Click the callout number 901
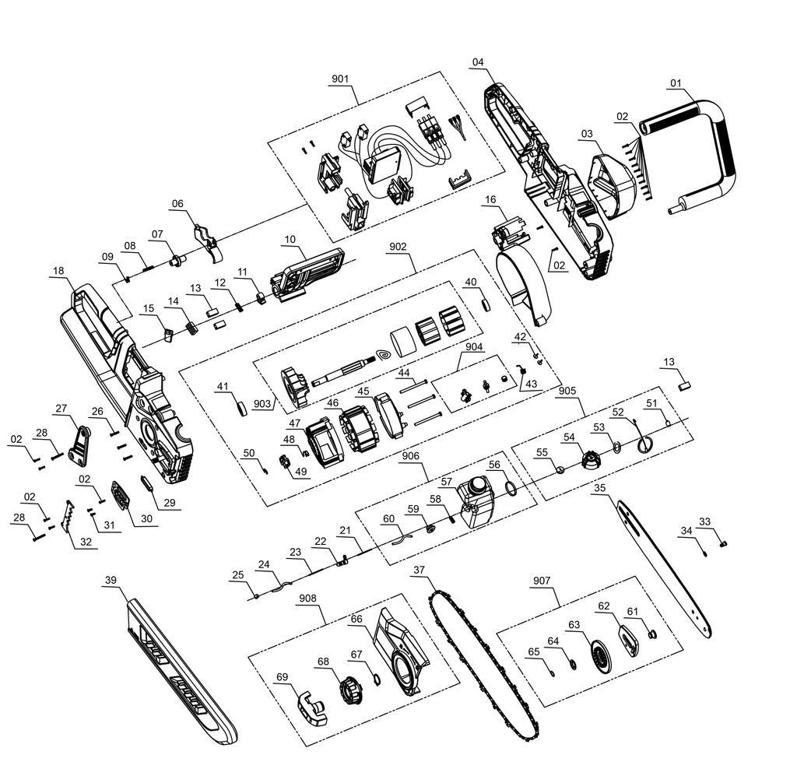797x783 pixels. (x=340, y=79)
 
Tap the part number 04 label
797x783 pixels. (x=478, y=62)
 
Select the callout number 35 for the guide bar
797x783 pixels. (x=600, y=488)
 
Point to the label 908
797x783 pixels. (x=307, y=599)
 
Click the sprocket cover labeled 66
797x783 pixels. (x=402, y=651)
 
